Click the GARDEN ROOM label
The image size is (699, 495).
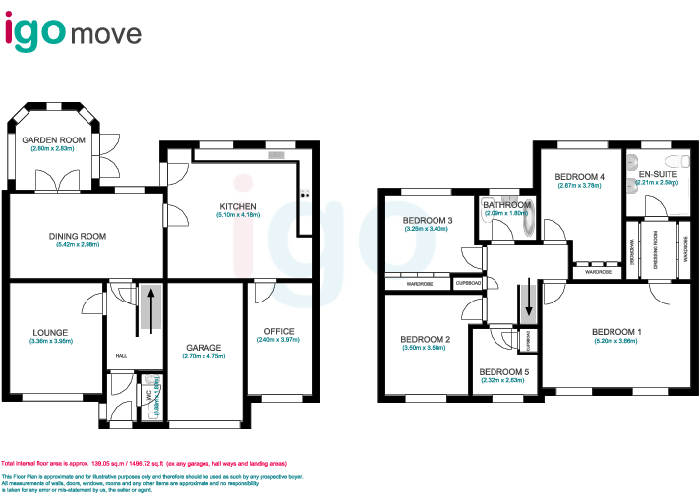pos(54,140)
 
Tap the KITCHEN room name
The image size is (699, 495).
pos(237,206)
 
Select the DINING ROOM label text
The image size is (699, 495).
pos(78,236)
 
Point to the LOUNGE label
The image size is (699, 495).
pos(49,333)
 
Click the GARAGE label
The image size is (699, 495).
pos(204,348)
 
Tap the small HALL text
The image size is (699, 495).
pos(121,356)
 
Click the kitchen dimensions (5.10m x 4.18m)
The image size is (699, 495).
pos(237,215)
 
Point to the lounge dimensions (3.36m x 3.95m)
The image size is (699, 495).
pos(51,342)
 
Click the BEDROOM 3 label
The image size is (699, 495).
pos(427,220)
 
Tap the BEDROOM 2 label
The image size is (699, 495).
pos(425,339)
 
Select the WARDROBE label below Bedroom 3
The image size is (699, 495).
pos(420,283)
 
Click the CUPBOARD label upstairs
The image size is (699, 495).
pos(468,283)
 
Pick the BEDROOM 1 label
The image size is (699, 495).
pos(616,331)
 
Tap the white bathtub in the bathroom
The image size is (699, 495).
pos(530,221)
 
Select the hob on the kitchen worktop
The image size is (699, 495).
pos(305,191)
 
